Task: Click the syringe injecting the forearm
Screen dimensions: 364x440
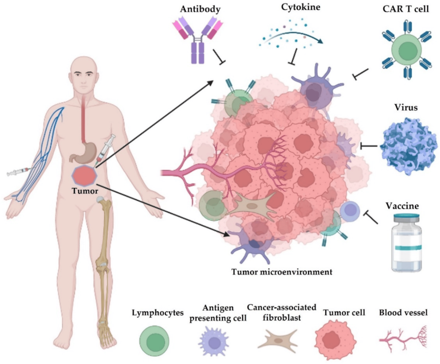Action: tap(19, 173)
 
